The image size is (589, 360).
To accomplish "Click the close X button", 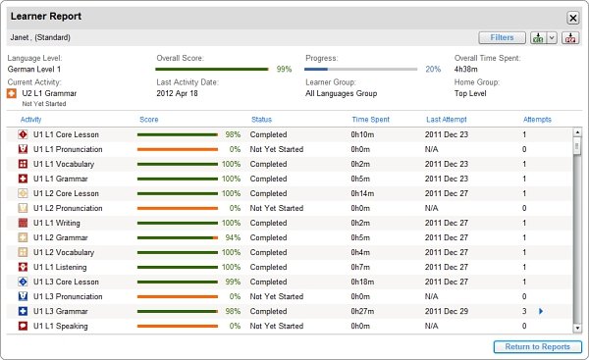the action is pos(573,18).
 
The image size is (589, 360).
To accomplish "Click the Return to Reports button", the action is pos(538,347).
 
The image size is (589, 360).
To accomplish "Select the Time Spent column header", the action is pos(370,120).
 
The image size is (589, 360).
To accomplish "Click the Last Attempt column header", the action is pos(447,120).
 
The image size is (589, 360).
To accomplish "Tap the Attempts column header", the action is pos(537,120).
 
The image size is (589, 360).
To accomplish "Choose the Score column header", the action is pos(149,120).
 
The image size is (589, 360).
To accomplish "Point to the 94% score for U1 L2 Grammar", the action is pos(233,237).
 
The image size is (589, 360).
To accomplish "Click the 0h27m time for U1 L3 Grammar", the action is pos(362,311).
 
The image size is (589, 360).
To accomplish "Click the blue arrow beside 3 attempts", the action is pos(541,311).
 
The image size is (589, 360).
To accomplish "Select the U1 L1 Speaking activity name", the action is pos(61,326).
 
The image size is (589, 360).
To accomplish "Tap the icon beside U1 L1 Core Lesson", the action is pos(23,134).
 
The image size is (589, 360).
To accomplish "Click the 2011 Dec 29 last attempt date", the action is pos(447,311).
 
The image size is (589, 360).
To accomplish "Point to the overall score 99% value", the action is pos(284,69).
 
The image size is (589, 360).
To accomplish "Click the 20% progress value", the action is pos(433,69).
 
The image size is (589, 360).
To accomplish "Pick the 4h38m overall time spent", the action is pos(465,69).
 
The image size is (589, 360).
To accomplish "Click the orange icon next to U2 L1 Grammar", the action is pos(12,93).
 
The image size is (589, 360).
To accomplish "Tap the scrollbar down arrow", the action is pos(577,329).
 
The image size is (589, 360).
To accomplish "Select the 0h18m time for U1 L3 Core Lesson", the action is pos(362,282).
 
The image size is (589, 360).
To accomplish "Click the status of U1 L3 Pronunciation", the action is pos(277,296).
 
